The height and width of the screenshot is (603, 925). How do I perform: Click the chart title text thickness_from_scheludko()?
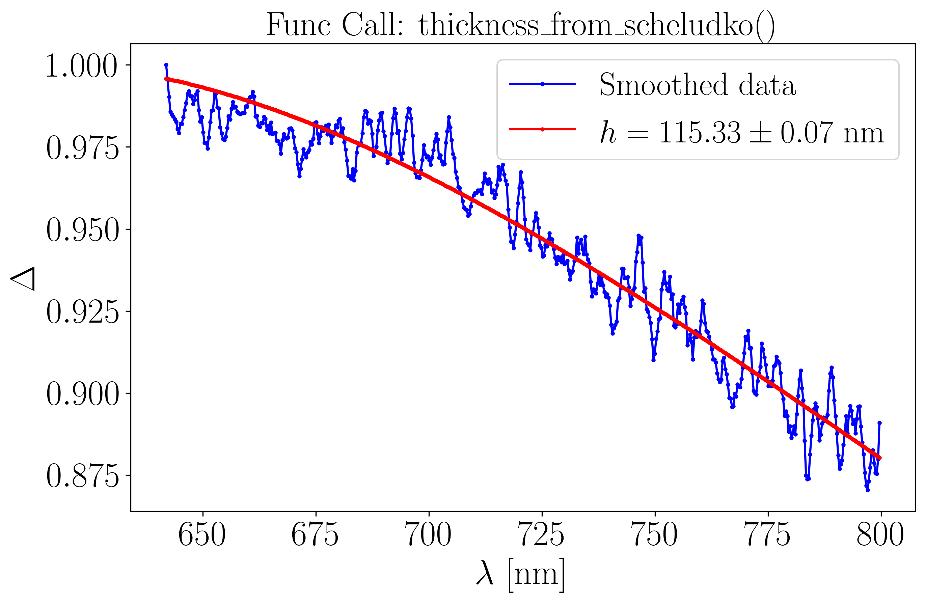(520, 25)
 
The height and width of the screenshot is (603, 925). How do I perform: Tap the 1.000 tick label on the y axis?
(82, 66)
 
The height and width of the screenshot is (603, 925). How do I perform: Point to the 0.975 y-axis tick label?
(82, 148)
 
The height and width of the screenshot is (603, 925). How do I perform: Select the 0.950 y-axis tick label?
(82, 230)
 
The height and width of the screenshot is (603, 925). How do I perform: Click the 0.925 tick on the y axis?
(82, 312)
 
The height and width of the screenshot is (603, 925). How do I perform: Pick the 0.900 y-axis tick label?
(82, 394)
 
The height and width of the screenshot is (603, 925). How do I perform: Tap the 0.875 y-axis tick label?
(82, 476)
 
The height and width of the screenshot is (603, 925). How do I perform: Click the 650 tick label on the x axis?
(202, 536)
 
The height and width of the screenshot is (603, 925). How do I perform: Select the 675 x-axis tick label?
(315, 536)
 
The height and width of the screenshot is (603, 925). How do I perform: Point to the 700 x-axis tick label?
(428, 536)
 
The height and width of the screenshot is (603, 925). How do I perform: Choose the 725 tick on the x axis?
(541, 536)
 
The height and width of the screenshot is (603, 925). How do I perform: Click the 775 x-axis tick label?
(768, 536)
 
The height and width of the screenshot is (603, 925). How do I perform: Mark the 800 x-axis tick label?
(881, 536)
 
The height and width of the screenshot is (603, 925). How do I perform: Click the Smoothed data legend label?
(698, 85)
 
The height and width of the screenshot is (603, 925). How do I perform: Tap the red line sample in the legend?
(542, 129)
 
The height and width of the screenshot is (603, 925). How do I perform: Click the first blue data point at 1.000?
(166, 65)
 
